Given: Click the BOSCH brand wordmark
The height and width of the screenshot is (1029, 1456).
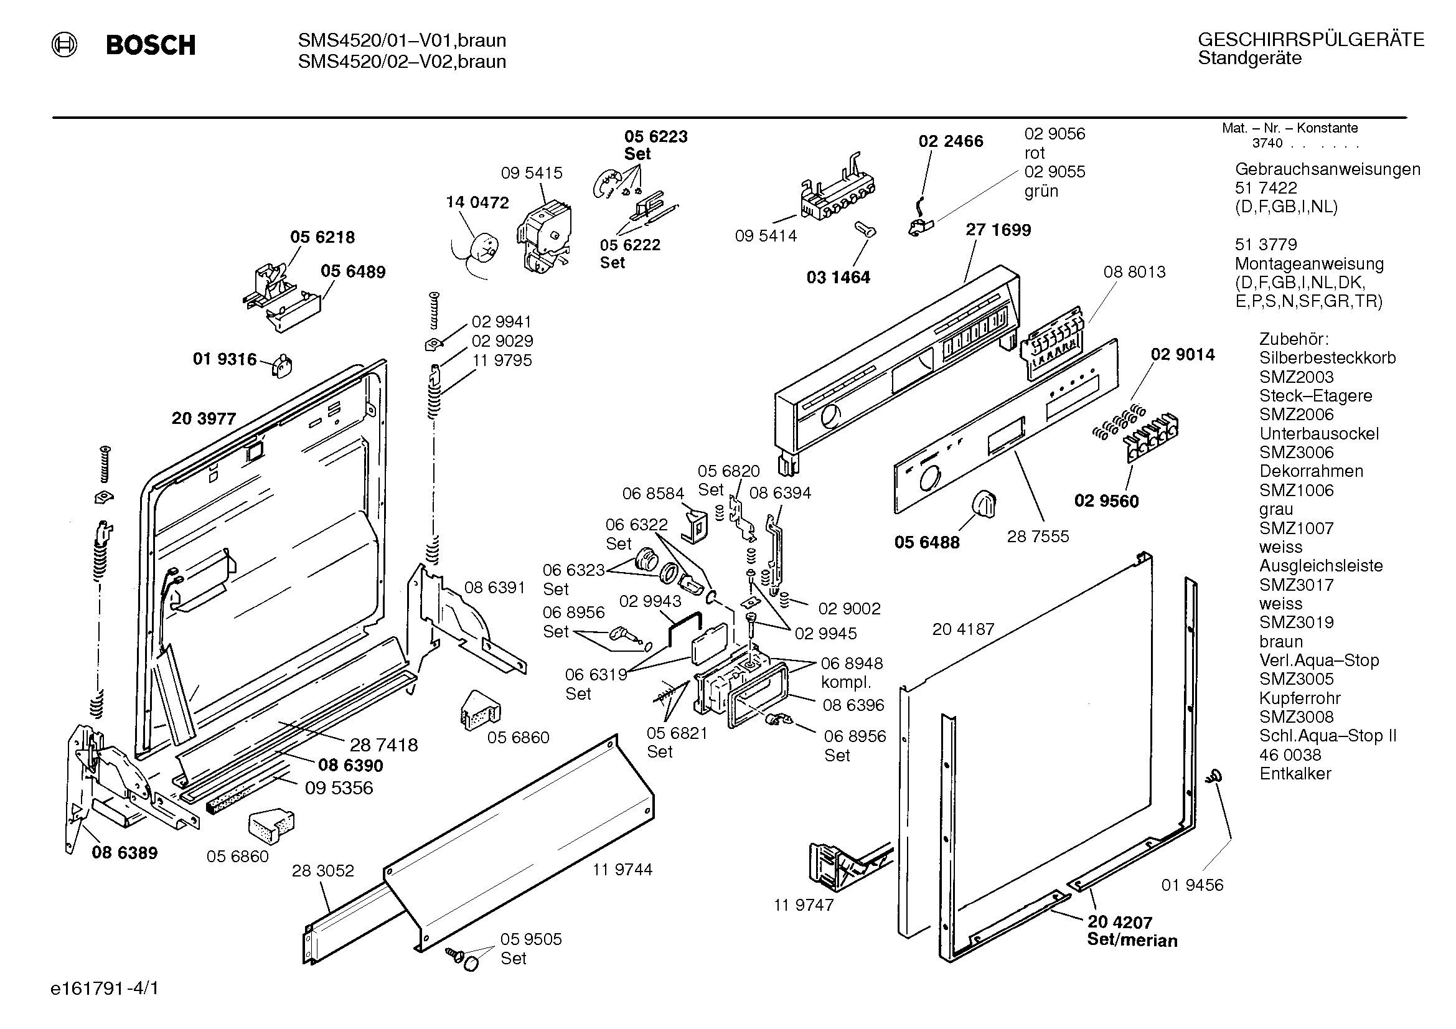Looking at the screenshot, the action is (151, 45).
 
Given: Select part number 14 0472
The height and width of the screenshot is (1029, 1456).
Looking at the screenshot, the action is (477, 202).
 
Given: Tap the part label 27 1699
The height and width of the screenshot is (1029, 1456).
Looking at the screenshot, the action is (998, 230).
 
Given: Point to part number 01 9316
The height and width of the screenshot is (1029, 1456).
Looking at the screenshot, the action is (225, 359).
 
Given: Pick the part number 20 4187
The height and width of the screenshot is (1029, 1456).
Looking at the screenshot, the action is (963, 629).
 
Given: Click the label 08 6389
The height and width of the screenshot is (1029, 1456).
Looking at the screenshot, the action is (124, 853).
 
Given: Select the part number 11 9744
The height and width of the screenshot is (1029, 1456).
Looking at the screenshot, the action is (622, 869).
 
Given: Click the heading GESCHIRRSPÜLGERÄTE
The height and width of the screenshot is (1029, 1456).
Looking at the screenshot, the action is (1311, 40).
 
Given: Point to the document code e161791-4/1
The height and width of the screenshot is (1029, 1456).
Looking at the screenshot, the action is (105, 989).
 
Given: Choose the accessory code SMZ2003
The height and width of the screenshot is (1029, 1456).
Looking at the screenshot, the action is (1296, 377).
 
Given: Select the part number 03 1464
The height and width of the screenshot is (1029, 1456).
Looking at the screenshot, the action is (838, 277).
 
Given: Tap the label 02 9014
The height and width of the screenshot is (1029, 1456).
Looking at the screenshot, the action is (1183, 354).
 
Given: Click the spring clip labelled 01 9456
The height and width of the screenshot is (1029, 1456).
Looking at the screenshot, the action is (1215, 776).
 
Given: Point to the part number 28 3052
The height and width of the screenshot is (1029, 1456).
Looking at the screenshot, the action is (323, 870).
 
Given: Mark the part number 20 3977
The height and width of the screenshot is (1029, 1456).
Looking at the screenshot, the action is (204, 418).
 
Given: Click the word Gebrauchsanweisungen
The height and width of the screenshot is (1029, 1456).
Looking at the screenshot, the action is (1327, 170).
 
